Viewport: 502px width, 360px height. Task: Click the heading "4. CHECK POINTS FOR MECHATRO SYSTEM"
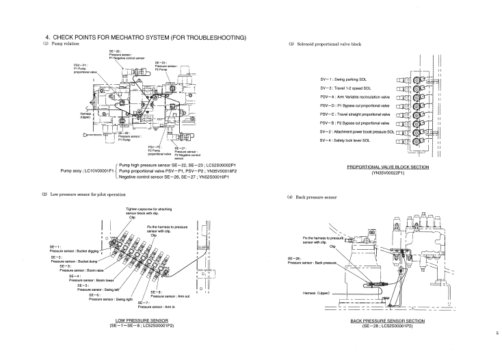(145, 37)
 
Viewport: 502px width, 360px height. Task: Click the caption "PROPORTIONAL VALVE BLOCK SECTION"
(388, 167)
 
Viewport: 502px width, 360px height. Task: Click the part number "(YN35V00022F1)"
(388, 172)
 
